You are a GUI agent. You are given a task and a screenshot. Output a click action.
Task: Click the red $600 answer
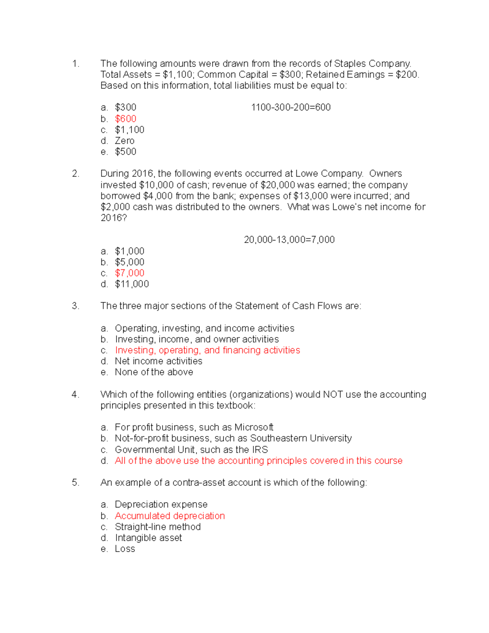(x=126, y=119)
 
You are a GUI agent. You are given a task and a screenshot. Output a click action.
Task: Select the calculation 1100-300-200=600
(x=291, y=107)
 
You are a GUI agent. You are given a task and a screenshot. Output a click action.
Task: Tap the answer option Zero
(x=124, y=141)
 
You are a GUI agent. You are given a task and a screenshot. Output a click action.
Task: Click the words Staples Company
(x=372, y=64)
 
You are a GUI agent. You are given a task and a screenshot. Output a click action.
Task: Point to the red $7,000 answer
(x=130, y=273)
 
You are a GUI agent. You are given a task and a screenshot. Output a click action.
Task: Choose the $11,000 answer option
(x=132, y=284)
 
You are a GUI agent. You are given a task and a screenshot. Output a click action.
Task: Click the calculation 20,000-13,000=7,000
(x=289, y=240)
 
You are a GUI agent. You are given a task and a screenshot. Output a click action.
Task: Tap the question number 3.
(x=75, y=306)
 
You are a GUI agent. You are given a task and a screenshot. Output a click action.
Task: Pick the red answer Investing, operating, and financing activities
(x=207, y=350)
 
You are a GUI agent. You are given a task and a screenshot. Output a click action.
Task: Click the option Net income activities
(x=159, y=361)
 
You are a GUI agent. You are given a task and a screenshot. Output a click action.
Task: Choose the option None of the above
(x=154, y=372)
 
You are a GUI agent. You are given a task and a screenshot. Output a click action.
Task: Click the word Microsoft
(x=253, y=427)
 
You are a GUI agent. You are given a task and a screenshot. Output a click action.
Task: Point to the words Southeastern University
(x=301, y=438)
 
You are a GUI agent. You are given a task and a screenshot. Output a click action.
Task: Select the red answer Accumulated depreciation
(x=170, y=516)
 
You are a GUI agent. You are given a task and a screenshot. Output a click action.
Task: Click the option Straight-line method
(x=158, y=527)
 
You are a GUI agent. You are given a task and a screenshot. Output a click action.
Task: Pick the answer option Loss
(x=125, y=549)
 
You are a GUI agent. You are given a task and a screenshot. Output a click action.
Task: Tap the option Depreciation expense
(x=161, y=505)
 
